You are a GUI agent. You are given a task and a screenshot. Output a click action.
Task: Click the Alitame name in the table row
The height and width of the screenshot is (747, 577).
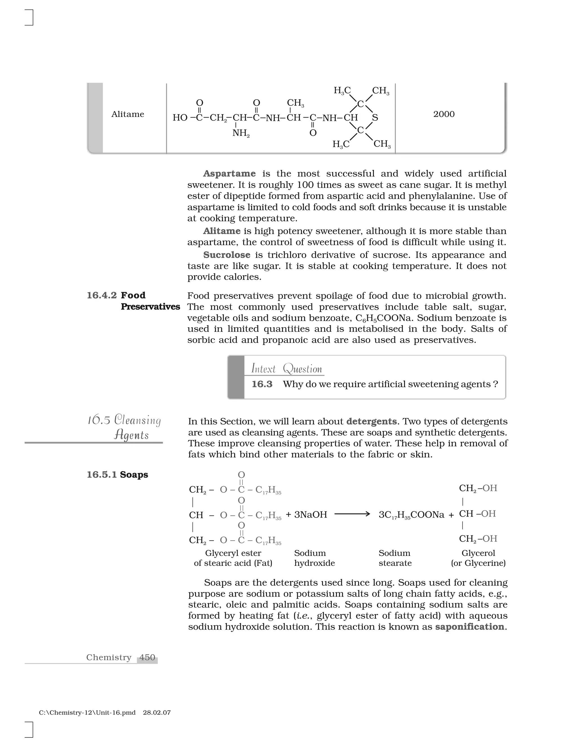pos(128,114)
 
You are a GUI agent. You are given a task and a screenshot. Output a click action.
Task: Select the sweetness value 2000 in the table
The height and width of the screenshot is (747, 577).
pos(444,114)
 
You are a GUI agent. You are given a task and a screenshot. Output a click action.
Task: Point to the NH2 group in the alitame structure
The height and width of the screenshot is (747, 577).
pos(241,133)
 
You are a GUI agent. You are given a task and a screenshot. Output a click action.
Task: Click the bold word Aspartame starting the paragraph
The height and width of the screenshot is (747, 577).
pos(229,174)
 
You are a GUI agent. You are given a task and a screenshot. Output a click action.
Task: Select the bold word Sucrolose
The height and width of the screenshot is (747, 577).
pos(227,255)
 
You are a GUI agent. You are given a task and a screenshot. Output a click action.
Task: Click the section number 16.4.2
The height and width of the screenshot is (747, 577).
pos(101,295)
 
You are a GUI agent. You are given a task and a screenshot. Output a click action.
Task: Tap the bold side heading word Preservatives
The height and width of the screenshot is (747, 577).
pos(150,307)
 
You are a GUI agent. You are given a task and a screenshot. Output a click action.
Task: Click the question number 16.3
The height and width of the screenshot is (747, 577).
pos(262,384)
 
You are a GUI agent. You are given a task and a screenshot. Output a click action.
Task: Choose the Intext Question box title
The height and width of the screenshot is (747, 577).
pos(287,369)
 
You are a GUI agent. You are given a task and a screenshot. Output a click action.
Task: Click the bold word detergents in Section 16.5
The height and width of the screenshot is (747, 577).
pos(371,421)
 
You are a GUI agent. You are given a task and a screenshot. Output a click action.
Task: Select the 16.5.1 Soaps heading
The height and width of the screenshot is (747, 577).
pos(117,475)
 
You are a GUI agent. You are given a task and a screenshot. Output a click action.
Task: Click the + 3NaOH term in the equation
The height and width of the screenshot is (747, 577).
pos(306,514)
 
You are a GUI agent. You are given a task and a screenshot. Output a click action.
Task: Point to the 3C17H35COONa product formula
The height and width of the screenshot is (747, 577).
pos(411,515)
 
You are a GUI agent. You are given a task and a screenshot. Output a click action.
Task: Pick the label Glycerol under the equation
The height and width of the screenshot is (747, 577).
pos(478,553)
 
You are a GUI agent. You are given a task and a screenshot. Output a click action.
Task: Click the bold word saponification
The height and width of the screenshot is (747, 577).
pos(469,627)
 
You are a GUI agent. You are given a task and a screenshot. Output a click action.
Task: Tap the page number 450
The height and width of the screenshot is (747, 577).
pos(147,657)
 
